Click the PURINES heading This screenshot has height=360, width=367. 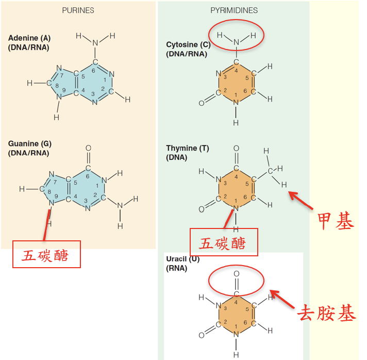78,10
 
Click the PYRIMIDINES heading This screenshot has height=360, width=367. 234,10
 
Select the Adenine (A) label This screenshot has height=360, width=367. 29,38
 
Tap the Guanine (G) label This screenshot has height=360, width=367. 30,144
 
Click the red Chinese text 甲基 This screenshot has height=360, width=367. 336,222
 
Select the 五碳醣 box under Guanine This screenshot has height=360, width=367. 46,254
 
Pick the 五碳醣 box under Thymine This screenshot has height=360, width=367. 224,242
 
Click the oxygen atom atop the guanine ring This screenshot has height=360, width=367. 88,149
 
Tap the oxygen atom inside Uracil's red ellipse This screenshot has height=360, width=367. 236,274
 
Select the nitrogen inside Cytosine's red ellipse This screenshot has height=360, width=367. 236,42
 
